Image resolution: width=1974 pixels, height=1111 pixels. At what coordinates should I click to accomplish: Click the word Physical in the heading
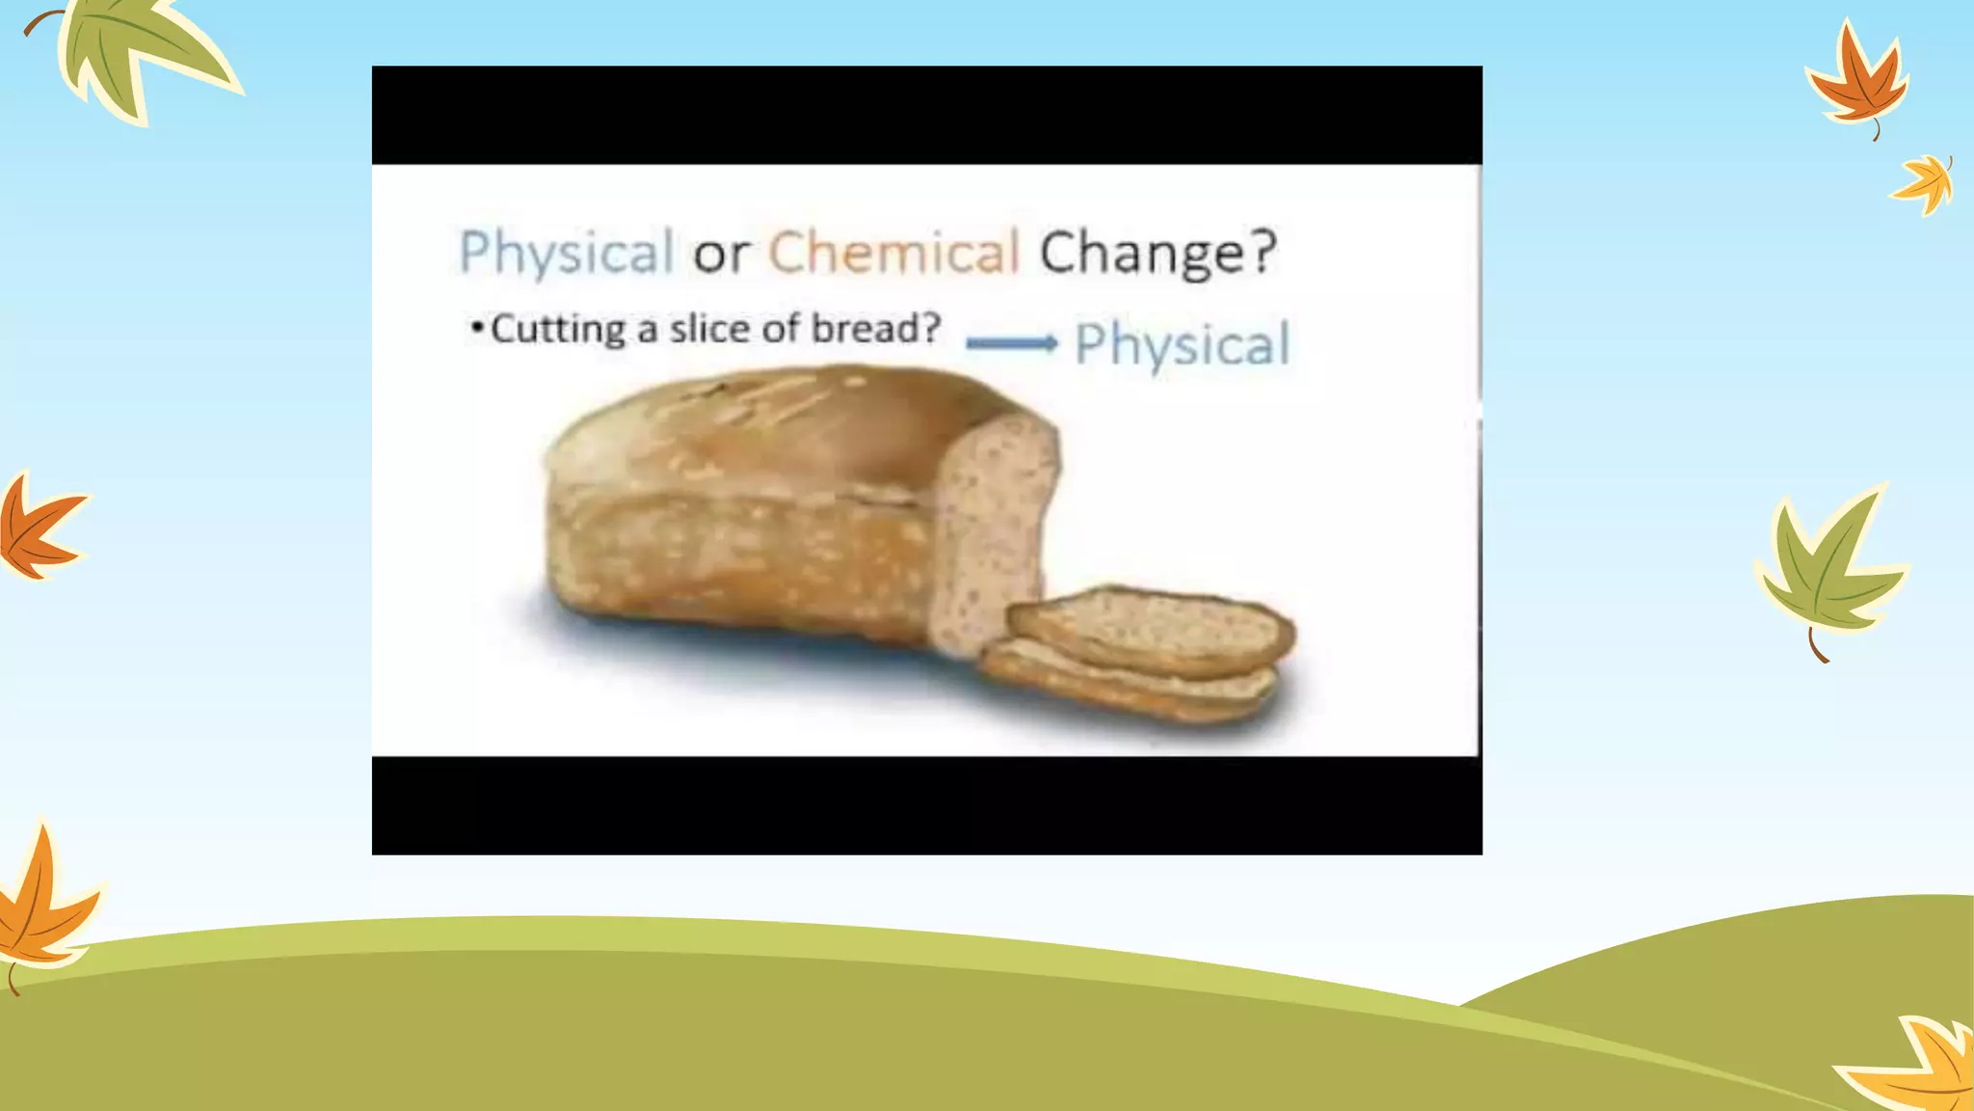566,253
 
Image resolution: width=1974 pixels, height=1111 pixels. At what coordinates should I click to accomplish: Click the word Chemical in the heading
894,253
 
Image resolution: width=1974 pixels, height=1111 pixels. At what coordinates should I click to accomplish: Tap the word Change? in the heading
1158,253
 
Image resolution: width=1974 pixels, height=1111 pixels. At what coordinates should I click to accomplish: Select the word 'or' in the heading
720,256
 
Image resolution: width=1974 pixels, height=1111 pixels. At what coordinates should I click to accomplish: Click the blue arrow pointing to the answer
1011,343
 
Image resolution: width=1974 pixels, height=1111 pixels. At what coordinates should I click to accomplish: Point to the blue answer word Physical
1182,344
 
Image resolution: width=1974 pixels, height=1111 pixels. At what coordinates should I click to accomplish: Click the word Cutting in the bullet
558,330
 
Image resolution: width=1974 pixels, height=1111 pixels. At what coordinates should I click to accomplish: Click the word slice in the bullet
709,329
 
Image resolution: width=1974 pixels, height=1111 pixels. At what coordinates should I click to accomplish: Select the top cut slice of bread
1152,629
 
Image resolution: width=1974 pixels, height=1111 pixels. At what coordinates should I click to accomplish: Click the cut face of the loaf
993,530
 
